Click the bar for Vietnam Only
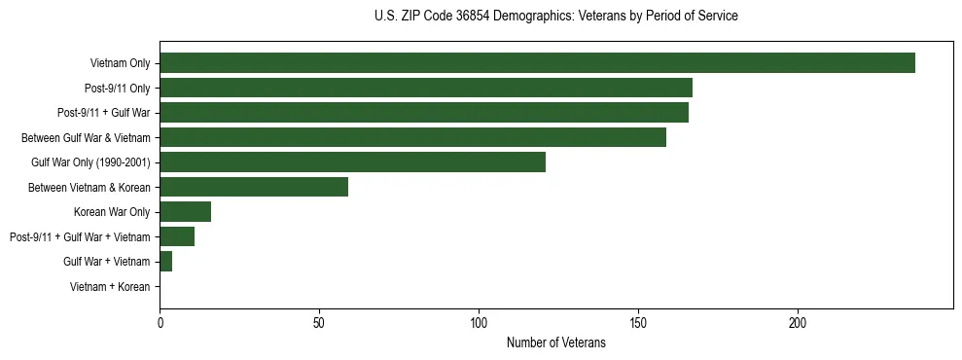pos(537,63)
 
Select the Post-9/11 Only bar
pos(426,88)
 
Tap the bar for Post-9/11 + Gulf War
pos(424,113)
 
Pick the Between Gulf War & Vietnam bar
pos(412,137)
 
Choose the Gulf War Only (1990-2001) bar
pos(352,162)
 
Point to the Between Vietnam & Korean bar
pos(254,187)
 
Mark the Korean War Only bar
pos(185,212)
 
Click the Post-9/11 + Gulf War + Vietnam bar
pos(177,236)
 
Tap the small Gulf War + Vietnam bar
pos(165,262)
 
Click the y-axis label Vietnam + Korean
pos(110,287)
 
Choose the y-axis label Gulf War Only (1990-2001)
pos(90,162)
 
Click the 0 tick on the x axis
pos(160,323)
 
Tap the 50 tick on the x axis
pos(319,323)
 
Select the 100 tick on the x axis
pos(479,323)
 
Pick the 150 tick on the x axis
pos(638,323)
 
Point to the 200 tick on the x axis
pos(798,323)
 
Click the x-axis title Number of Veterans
pos(555,343)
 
